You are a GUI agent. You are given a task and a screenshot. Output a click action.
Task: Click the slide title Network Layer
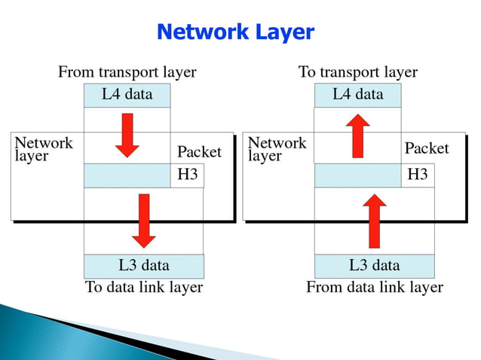(234, 32)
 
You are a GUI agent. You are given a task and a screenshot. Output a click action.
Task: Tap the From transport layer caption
(127, 72)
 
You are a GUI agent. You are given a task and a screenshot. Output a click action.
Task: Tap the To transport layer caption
(357, 72)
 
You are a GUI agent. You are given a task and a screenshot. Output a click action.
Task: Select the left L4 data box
(127, 95)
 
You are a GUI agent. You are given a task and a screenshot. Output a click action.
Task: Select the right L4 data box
(357, 95)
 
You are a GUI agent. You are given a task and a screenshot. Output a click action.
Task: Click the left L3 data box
(143, 266)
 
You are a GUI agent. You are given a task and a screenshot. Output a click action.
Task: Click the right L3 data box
(374, 266)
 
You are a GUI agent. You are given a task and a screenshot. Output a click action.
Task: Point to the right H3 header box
(417, 175)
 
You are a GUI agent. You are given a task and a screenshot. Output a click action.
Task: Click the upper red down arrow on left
(127, 135)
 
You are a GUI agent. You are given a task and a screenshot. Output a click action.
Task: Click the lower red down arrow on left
(143, 220)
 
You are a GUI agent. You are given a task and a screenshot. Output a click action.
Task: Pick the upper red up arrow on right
(358, 135)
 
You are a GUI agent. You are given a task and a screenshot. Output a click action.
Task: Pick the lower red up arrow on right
(374, 220)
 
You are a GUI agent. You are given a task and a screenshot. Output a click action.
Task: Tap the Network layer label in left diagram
(44, 149)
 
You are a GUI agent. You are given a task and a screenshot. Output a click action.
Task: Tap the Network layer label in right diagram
(277, 149)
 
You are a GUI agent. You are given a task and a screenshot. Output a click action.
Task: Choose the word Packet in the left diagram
(199, 152)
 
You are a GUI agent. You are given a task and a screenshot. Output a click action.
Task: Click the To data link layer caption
(143, 288)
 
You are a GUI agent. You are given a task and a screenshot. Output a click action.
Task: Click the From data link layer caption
(374, 288)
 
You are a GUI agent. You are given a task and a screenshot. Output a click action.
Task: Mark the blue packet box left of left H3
(127, 175)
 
